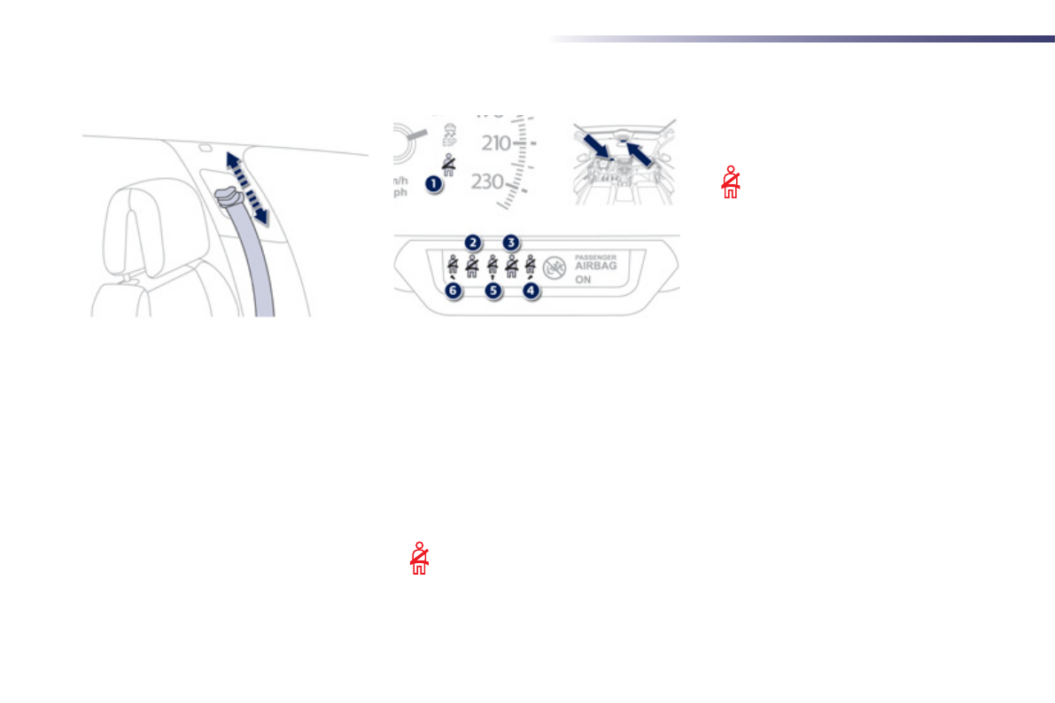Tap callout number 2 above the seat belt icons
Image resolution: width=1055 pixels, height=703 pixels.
coord(474,242)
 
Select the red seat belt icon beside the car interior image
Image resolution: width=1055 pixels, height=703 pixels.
coord(731,182)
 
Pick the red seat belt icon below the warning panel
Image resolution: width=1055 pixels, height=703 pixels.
coord(419,558)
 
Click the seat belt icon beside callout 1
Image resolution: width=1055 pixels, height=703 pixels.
coord(451,166)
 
